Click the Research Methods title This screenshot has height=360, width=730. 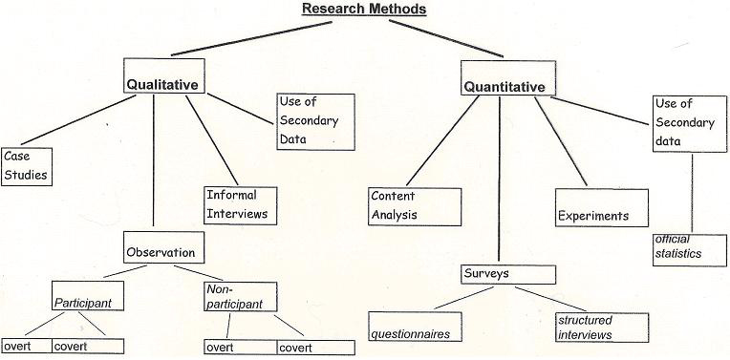click(364, 10)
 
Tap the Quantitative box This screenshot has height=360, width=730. click(505, 86)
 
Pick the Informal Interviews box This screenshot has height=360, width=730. click(240, 205)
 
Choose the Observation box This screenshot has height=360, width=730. click(161, 252)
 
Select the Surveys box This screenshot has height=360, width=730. click(507, 274)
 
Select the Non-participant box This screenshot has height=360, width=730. click(240, 297)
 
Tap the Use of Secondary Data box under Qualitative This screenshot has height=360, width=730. click(315, 120)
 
